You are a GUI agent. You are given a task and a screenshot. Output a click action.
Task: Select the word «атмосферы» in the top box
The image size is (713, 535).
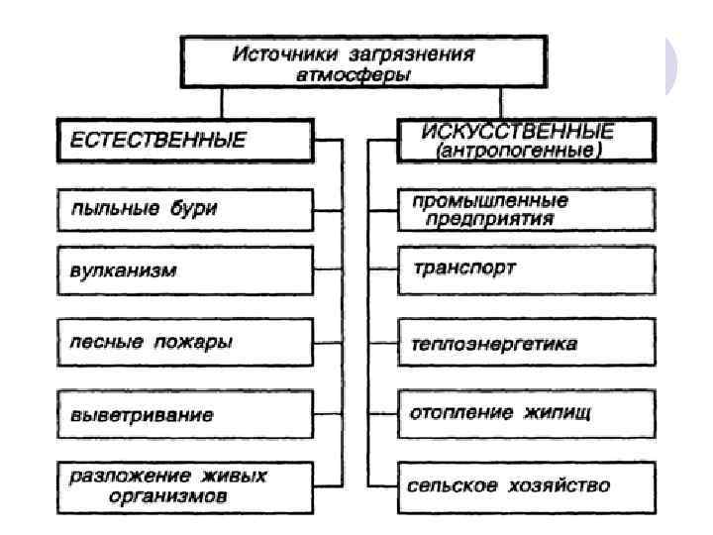tap(353, 73)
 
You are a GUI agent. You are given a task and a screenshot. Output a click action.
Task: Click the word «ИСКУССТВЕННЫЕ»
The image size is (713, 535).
tap(517, 132)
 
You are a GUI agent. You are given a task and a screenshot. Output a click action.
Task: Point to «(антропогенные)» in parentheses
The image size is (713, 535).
tap(518, 152)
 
